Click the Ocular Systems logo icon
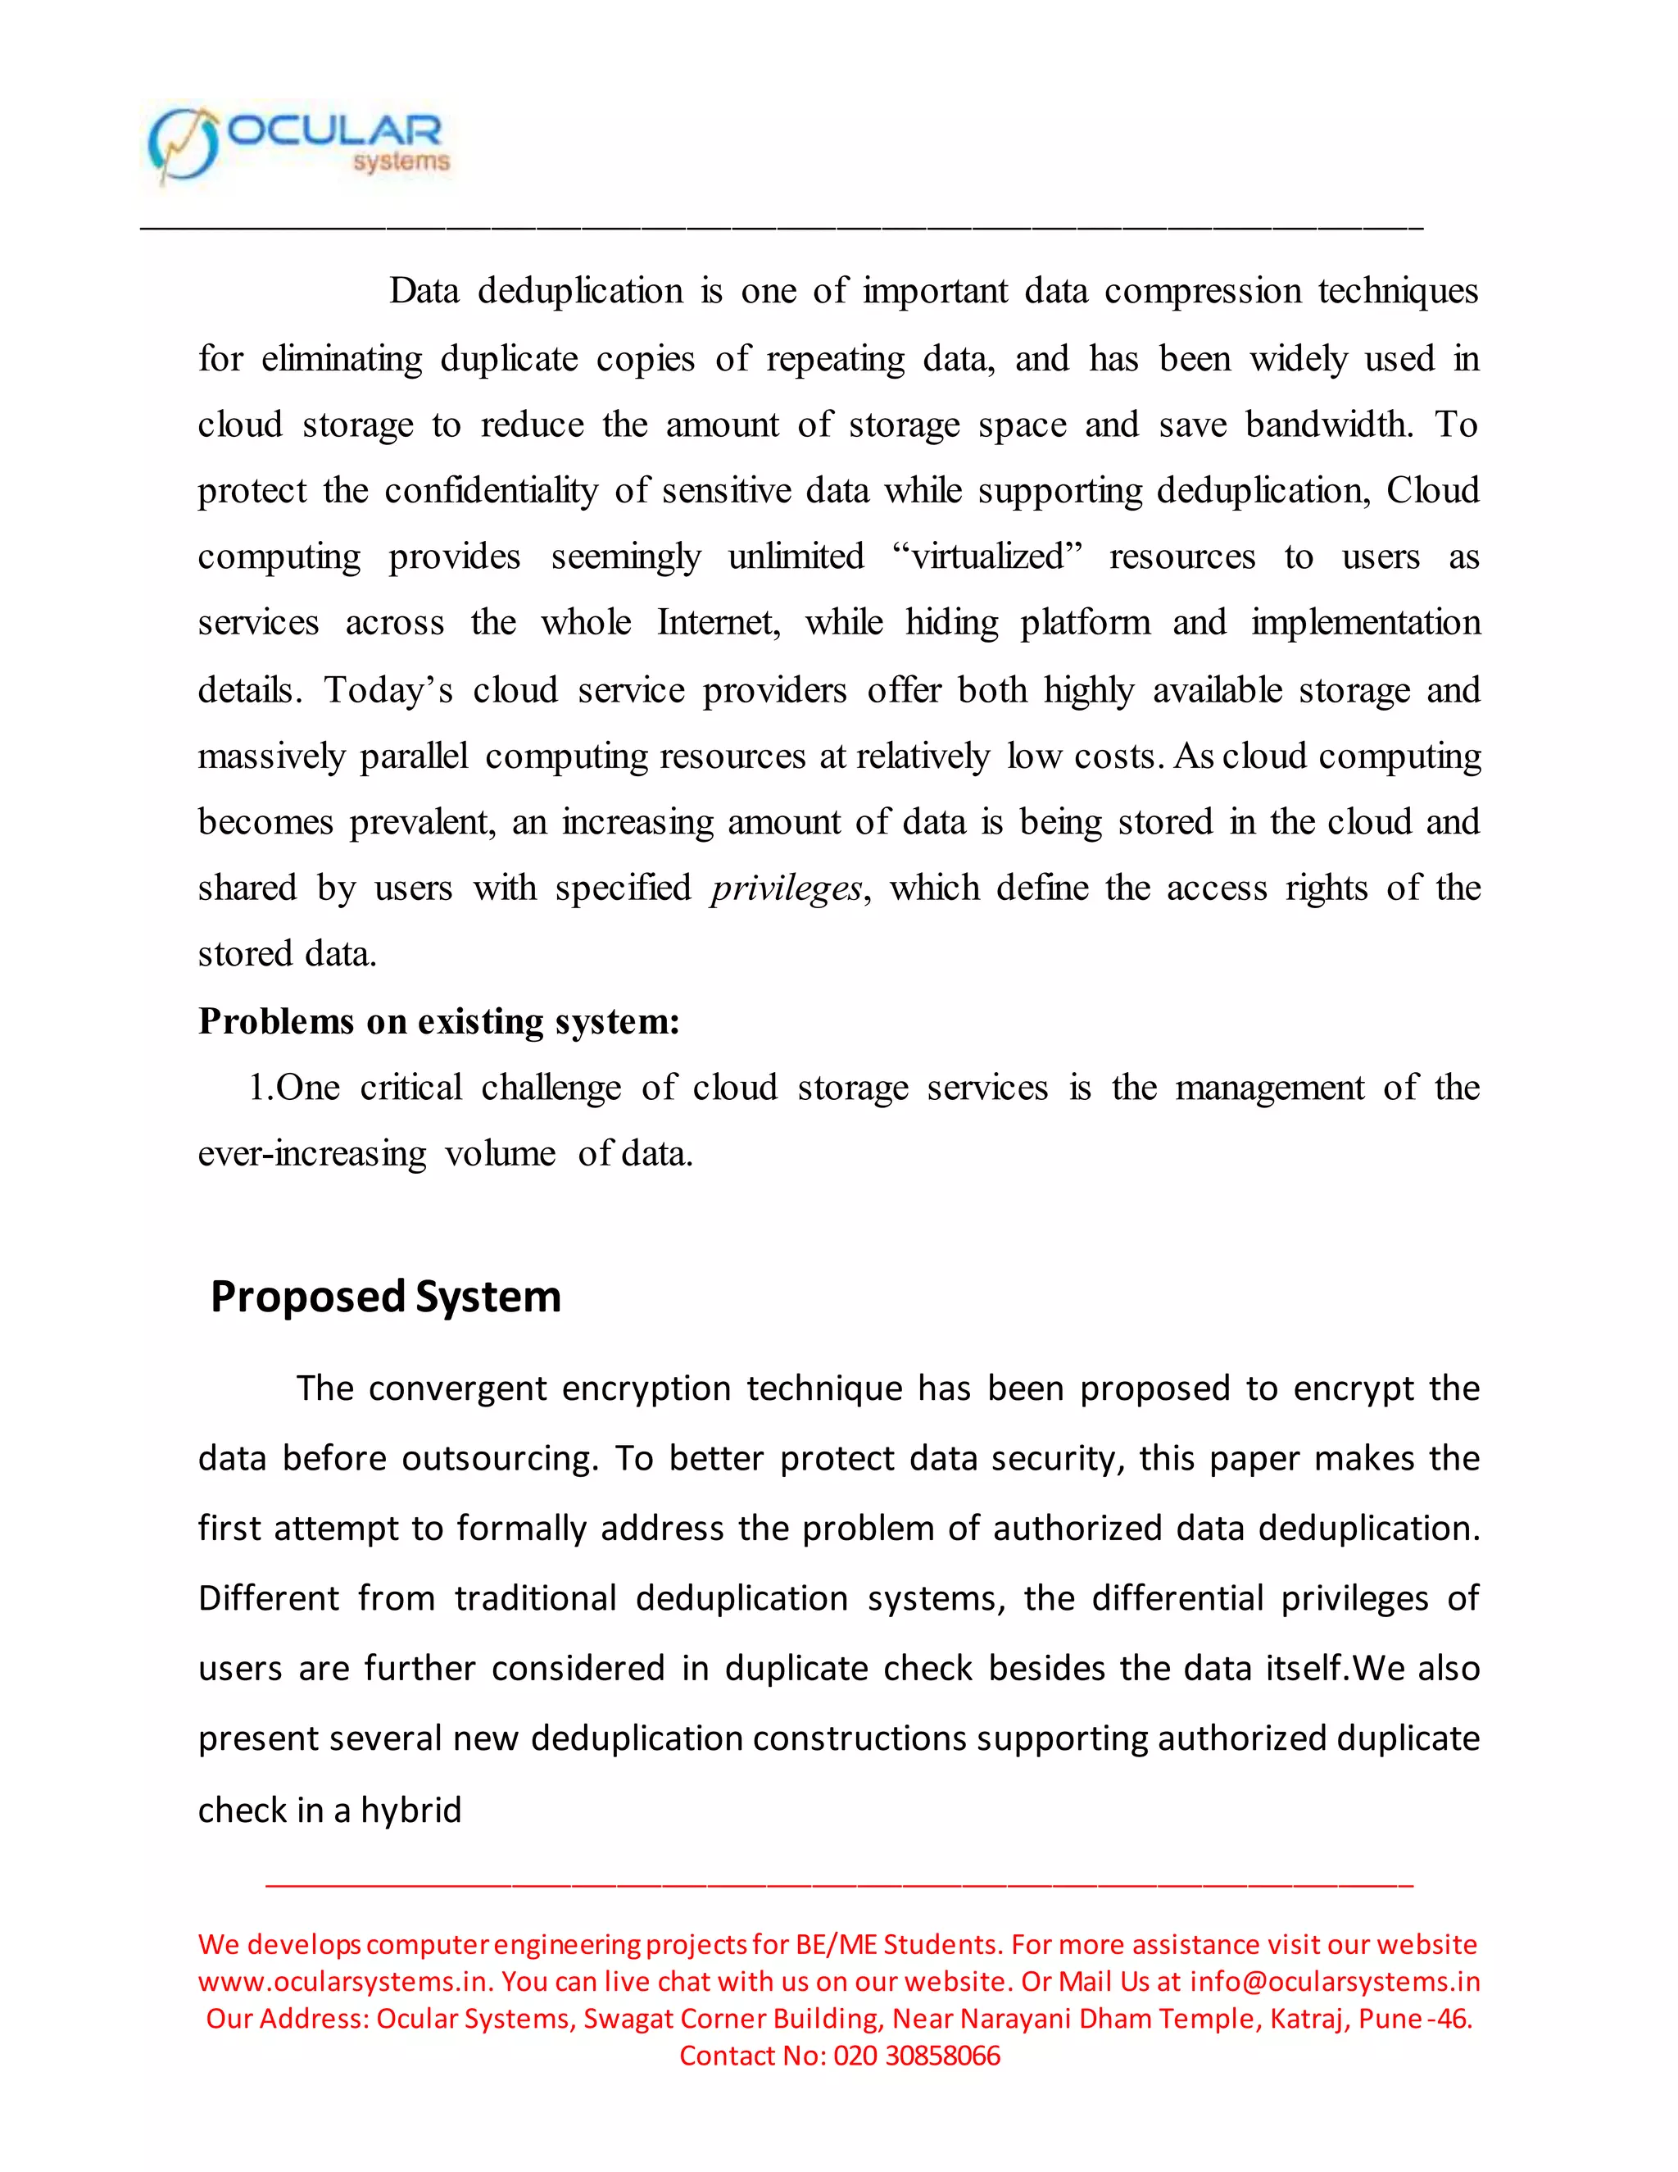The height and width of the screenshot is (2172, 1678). [183, 145]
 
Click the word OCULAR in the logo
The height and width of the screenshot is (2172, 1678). [334, 130]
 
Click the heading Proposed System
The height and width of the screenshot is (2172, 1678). [386, 1297]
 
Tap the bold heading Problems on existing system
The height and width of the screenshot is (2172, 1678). [438, 1021]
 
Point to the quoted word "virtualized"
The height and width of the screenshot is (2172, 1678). [987, 557]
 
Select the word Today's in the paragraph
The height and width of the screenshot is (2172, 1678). [388, 690]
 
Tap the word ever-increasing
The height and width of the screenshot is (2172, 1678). [312, 1154]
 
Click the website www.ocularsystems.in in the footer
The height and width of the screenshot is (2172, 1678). [344, 1981]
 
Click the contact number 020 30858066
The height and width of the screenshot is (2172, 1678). [917, 2056]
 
